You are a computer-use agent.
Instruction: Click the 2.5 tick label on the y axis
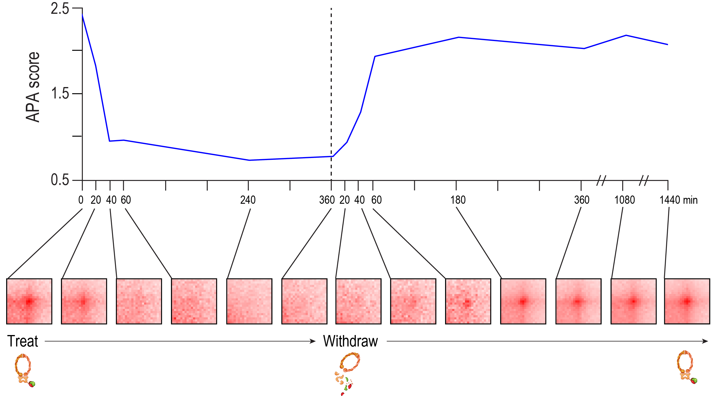(60, 9)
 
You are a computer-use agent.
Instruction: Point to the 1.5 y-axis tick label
(60, 94)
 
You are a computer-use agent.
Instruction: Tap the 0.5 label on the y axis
(60, 180)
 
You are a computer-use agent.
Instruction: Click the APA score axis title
(33, 87)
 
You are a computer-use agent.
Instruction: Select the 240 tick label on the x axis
(248, 200)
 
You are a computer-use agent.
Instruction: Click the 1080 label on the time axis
(624, 200)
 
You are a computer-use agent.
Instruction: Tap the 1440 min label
(678, 200)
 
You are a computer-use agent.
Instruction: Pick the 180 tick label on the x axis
(458, 200)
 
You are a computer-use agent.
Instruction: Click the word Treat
(23, 341)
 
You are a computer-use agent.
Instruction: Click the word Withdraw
(350, 341)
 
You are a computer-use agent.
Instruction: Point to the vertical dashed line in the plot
(331, 88)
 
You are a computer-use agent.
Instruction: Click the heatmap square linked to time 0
(29, 301)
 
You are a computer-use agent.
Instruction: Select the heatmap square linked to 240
(249, 301)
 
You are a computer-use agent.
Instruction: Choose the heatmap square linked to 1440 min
(687, 301)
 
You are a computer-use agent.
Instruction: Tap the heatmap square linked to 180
(523, 301)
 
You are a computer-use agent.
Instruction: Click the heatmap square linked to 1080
(633, 301)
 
